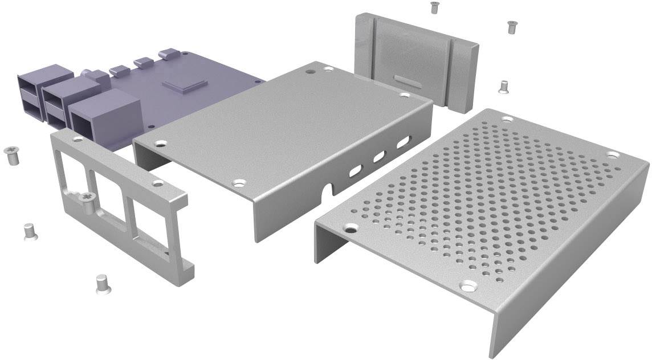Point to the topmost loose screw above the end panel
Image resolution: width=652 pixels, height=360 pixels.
coord(435,7)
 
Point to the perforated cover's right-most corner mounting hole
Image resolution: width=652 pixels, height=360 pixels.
coord(613,154)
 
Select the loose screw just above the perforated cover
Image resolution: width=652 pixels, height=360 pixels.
coord(503,86)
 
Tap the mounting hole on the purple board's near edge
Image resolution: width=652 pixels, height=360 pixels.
coord(150,126)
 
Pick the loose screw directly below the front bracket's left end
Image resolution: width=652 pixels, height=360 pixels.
coord(28,232)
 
